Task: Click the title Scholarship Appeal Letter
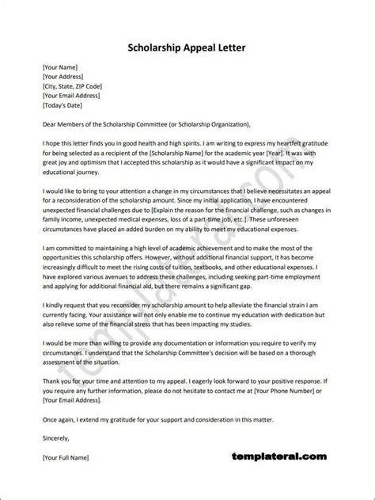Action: (x=187, y=48)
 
